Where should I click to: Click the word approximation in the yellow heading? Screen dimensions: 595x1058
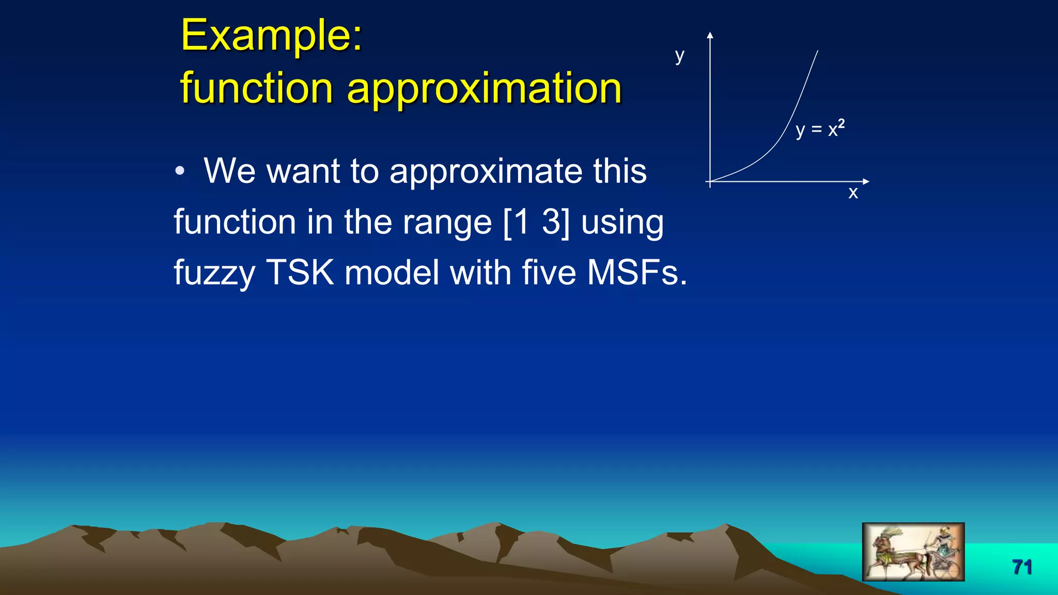coord(484,88)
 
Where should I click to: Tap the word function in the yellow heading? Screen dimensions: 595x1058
coord(256,88)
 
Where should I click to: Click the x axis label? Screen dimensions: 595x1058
coord(853,193)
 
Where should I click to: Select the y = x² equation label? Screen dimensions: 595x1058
coord(820,129)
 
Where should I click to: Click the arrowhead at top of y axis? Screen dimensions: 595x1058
coord(710,35)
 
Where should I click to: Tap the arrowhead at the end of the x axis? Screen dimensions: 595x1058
coord(866,181)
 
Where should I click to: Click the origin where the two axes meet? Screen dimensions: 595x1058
coord(710,181)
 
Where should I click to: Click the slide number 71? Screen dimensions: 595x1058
coord(1022,567)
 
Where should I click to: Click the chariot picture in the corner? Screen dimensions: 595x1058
coord(913,552)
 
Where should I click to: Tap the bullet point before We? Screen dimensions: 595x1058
coord(179,171)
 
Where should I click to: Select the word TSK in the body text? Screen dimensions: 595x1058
coord(300,272)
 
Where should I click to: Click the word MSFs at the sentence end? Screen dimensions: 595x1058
coord(636,272)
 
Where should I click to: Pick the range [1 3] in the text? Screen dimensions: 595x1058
coord(536,222)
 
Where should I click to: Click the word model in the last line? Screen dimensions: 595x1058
coord(392,272)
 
